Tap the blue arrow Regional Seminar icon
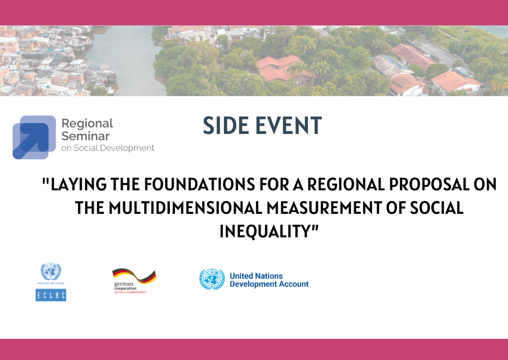coord(34,137)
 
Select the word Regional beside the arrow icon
coord(87,124)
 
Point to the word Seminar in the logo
coord(86,136)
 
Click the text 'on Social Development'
coord(108,148)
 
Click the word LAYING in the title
coord(79,184)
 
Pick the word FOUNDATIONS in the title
coord(199,184)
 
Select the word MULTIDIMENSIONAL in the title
coord(185,208)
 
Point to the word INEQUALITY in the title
coord(265,231)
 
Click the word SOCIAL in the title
coord(437,208)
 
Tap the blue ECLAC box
coord(51,295)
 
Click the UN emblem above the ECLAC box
coord(51,272)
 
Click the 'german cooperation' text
coord(126,286)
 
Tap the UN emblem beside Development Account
coord(212,279)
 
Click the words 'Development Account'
coord(269,284)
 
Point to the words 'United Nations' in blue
coord(256,276)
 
